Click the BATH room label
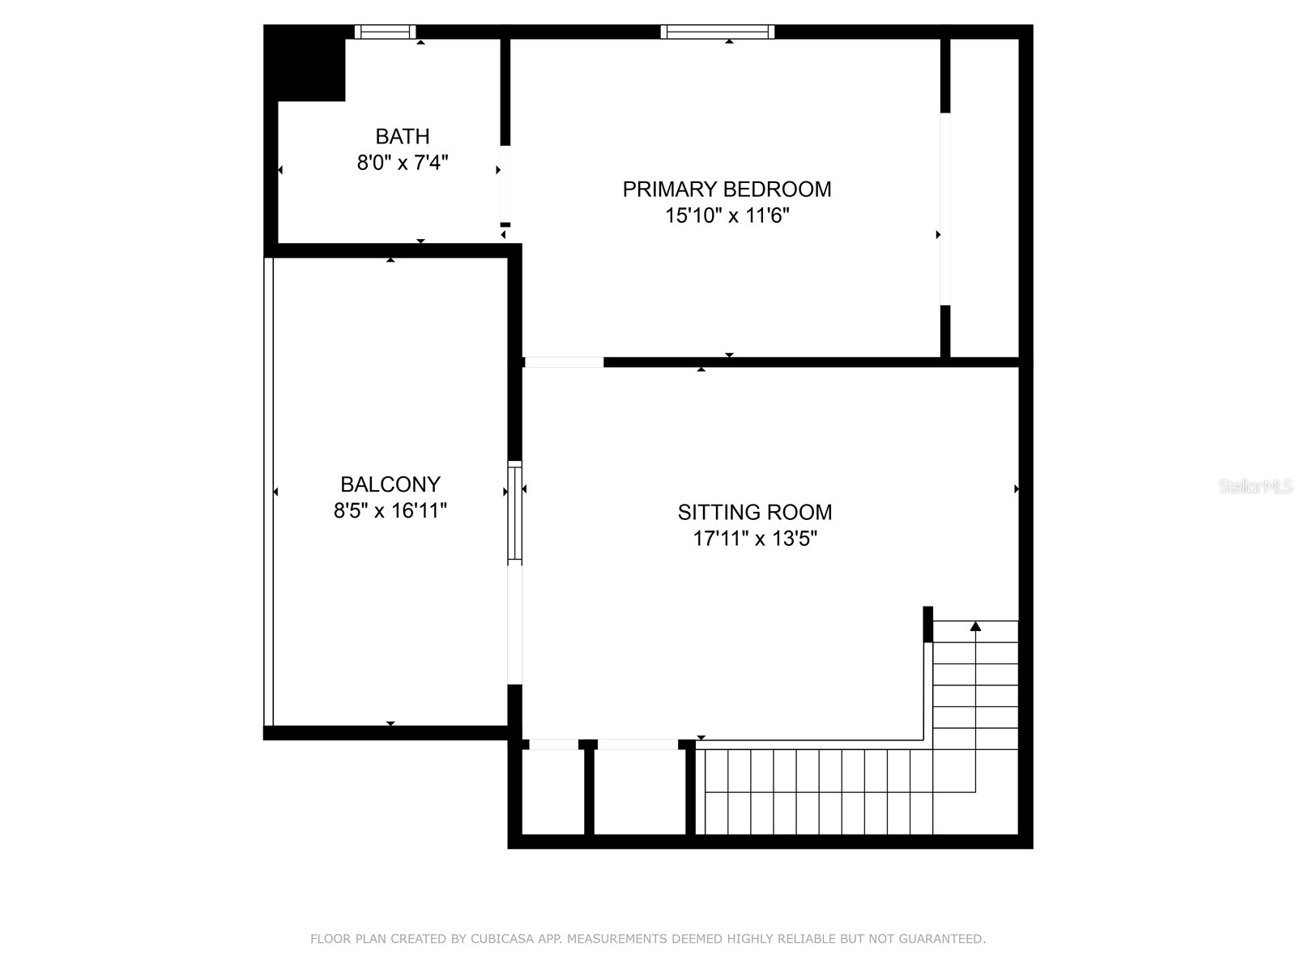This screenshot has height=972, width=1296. [402, 136]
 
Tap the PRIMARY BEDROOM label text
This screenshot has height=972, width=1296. [727, 189]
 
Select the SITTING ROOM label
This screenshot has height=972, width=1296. [754, 512]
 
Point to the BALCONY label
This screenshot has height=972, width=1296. [390, 484]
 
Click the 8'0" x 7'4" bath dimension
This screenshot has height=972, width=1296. [402, 163]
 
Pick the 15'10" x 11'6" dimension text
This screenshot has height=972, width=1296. [727, 215]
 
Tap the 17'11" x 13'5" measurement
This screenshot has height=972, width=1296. [754, 539]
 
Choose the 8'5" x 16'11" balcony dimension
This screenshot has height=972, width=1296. [390, 511]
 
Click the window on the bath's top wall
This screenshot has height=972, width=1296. [385, 32]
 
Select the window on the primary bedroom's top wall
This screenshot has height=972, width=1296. [717, 32]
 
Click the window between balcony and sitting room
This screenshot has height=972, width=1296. [514, 512]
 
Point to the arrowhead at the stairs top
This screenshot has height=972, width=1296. [975, 626]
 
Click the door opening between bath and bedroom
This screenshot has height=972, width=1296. [505, 184]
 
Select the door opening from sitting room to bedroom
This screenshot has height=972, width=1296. [563, 362]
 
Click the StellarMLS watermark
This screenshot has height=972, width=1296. [1255, 487]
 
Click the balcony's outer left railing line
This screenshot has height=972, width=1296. [269, 491]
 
